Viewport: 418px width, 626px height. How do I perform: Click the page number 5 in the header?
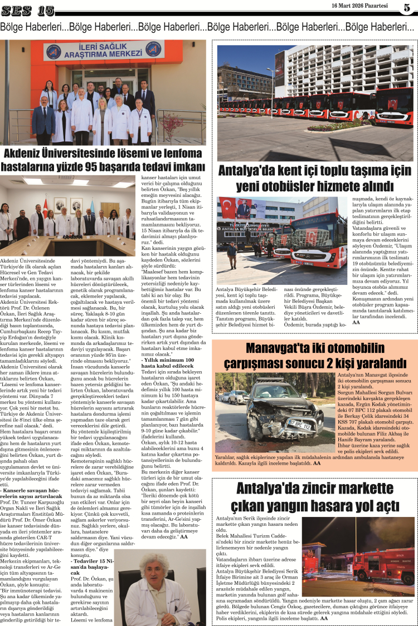click(x=407, y=8)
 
